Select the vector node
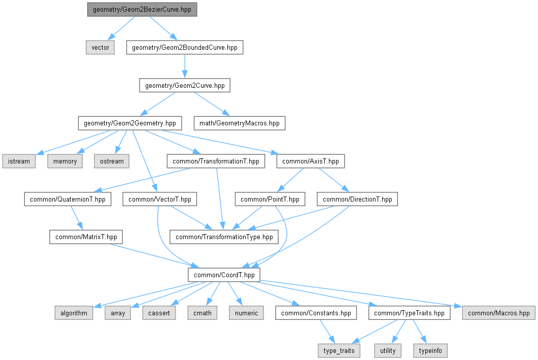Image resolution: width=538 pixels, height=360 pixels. point(100,48)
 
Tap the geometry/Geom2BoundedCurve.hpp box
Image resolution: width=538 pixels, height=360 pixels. point(185,48)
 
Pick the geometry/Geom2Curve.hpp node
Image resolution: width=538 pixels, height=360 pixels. point(185,85)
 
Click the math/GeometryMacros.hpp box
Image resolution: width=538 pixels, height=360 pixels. point(239,123)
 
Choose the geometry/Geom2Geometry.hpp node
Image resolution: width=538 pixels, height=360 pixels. point(129,123)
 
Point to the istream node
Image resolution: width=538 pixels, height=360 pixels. point(19,161)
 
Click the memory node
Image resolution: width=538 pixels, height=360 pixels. point(65,161)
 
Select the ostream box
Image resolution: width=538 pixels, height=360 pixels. point(111,161)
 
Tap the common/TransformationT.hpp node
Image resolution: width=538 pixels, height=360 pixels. point(216,161)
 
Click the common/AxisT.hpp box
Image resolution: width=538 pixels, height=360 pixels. point(310,161)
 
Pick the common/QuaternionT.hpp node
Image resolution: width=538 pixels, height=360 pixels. point(68,199)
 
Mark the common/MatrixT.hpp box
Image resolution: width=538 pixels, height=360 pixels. point(86,237)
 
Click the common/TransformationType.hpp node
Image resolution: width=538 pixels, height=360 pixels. point(224,237)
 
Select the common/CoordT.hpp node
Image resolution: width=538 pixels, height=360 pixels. point(224,275)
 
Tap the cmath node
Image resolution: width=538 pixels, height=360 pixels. point(203,313)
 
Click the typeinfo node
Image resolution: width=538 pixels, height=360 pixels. point(430,350)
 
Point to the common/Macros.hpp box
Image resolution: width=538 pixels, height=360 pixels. point(498,313)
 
